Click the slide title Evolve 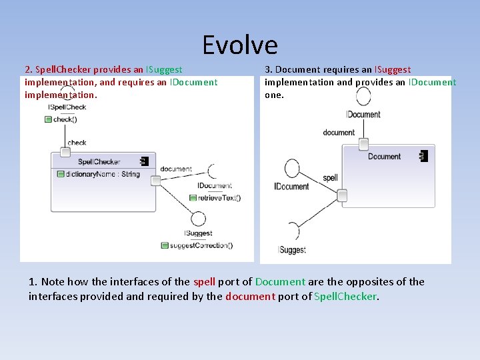[240, 45]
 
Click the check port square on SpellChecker [65, 152]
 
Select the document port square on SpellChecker [155, 181]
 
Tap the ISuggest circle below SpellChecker [198, 218]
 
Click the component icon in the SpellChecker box [143, 161]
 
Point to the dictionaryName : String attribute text [103, 174]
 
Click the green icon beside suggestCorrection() [165, 245]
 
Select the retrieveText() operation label [219, 197]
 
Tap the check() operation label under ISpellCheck [65, 119]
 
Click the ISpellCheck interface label [67, 107]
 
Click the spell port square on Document [342, 195]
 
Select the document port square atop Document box [363, 143]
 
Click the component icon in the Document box [423, 156]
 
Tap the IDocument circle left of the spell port [292, 168]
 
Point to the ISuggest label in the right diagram [292, 250]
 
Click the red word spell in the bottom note [204, 282]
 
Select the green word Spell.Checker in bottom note [345, 297]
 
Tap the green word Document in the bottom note [280, 282]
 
